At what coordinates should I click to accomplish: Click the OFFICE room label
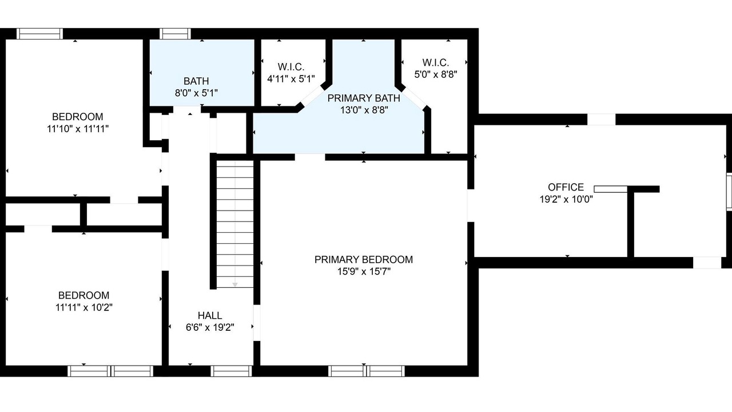click(566, 187)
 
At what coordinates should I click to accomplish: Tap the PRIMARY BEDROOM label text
click(364, 260)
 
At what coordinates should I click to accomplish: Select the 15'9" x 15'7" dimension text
click(364, 271)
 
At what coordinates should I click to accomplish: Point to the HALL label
click(210, 315)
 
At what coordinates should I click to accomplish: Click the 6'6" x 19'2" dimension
click(210, 327)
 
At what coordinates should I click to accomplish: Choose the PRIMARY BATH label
click(364, 98)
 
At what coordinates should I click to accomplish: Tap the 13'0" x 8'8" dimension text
click(364, 110)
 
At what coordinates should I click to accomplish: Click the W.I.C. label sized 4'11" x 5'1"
click(291, 67)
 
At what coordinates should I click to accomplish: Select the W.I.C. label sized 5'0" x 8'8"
click(436, 62)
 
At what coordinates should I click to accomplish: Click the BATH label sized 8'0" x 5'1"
click(196, 81)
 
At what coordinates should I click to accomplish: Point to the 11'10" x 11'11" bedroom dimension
click(78, 129)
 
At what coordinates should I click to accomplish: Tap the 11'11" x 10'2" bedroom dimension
click(84, 308)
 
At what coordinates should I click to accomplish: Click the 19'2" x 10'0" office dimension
click(566, 199)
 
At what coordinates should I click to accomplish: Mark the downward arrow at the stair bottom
click(235, 284)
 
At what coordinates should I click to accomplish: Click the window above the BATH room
click(175, 34)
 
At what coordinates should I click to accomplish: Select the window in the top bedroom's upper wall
click(39, 34)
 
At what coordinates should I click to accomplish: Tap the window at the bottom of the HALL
click(232, 371)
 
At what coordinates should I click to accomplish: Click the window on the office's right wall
click(729, 192)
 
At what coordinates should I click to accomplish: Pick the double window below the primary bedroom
click(367, 371)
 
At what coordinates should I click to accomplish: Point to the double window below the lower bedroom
click(110, 371)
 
